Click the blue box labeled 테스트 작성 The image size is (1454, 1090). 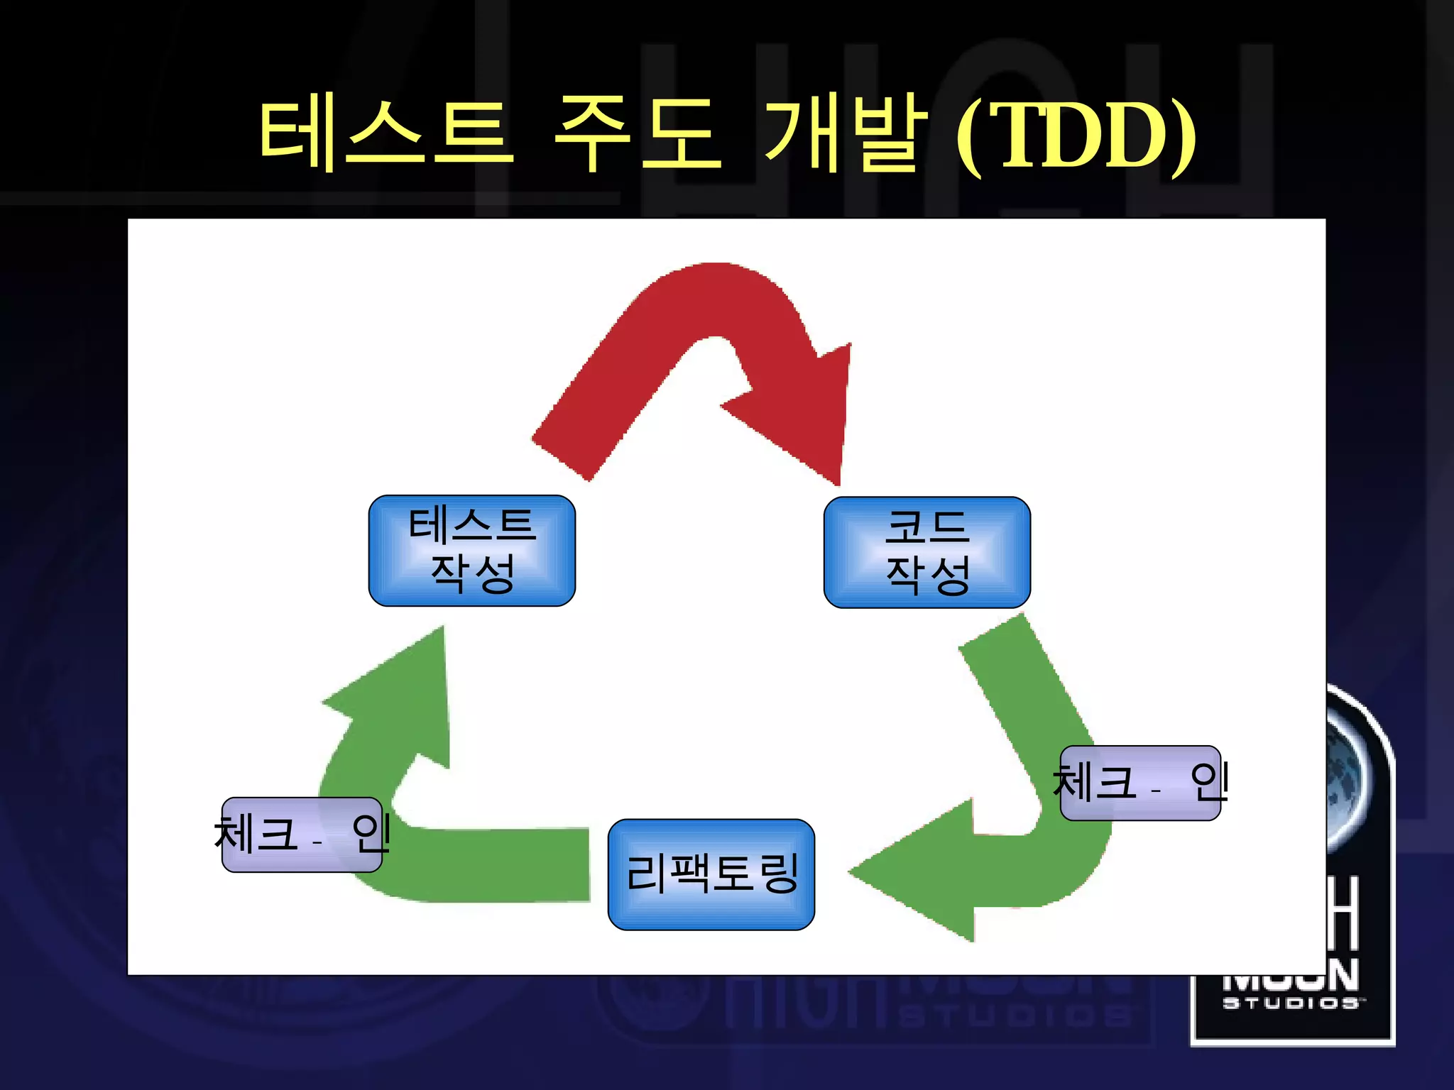coord(472,551)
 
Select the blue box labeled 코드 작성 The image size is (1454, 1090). coord(926,552)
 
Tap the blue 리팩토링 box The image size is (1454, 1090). coord(711,874)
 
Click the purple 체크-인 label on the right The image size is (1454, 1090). coord(1140,783)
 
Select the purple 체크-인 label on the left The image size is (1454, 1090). coord(302,835)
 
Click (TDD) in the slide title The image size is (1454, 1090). coord(1076,135)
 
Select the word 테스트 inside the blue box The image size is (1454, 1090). coord(472,526)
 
